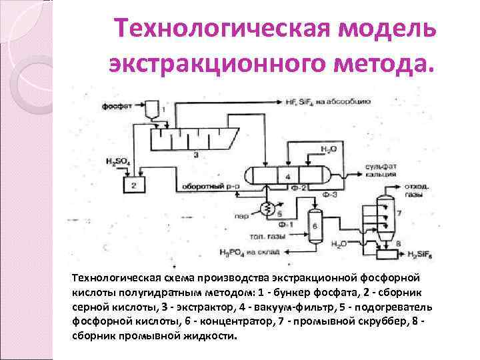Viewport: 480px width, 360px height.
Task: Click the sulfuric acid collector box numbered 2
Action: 134,183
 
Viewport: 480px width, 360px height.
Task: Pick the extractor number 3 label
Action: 195,155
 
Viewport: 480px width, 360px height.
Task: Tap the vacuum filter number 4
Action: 288,175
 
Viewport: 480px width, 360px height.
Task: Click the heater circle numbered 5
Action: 269,209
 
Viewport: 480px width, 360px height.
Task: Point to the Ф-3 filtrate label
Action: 329,194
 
